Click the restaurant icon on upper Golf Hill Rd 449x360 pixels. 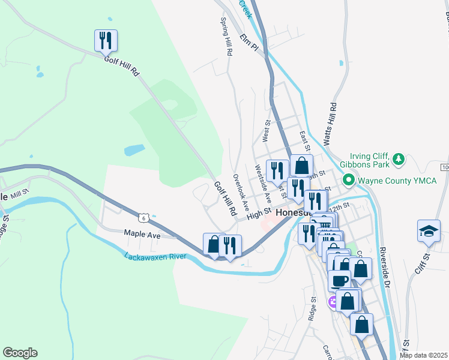coord(106,40)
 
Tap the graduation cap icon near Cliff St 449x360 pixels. coord(429,230)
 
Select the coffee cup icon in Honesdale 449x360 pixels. coord(339,281)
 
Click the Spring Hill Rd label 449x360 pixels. coord(226,37)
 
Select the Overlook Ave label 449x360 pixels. coord(240,191)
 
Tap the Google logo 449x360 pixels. coord(20,353)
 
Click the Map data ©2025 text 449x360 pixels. coord(423,355)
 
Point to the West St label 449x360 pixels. coord(265,131)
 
